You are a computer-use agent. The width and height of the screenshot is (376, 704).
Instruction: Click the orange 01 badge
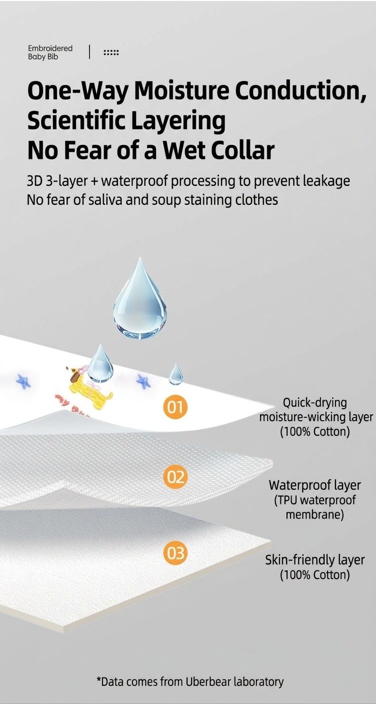tap(175, 407)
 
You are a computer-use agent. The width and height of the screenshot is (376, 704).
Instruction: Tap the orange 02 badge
tap(175, 477)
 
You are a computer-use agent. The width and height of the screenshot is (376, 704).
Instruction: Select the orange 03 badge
tap(175, 553)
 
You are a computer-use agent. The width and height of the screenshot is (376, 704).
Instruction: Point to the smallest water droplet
tap(175, 374)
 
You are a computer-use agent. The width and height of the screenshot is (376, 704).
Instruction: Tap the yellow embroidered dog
tap(89, 389)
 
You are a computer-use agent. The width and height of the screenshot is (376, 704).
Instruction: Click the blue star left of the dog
tap(23, 381)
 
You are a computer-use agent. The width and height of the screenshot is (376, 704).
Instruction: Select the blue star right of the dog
tap(143, 381)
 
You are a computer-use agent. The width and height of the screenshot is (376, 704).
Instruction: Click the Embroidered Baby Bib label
tap(50, 52)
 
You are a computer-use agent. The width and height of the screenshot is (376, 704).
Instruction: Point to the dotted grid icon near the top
tap(111, 52)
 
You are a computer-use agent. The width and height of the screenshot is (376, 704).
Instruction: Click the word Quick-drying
tap(314, 403)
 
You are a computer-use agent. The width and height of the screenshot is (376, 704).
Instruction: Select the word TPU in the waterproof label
tap(286, 500)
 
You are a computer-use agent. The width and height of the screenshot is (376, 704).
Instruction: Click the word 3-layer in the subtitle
tap(66, 181)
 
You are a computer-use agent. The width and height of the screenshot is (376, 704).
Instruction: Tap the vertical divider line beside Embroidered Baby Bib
tap(89, 52)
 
